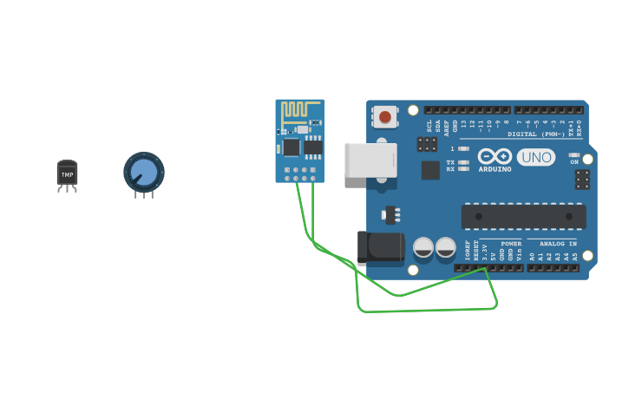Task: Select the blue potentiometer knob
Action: pos(143,172)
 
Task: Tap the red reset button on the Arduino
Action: pos(385,116)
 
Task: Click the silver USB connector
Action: pos(370,160)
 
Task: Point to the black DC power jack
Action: pos(381,246)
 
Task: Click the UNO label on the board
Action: pos(536,157)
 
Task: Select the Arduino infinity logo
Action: pos(495,156)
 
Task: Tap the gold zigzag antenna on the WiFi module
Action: pos(295,110)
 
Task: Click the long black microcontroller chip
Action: pos(523,216)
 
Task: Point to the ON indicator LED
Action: pos(574,155)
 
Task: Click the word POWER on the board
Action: pos(512,244)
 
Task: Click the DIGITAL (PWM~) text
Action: pos(536,134)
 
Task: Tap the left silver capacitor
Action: pos(423,247)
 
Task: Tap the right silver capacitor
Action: pos(445,247)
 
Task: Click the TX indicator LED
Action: pos(463,162)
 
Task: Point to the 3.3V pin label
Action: pos(485,254)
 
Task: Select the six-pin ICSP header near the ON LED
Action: pos(582,180)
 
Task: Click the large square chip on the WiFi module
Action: pos(292,147)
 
